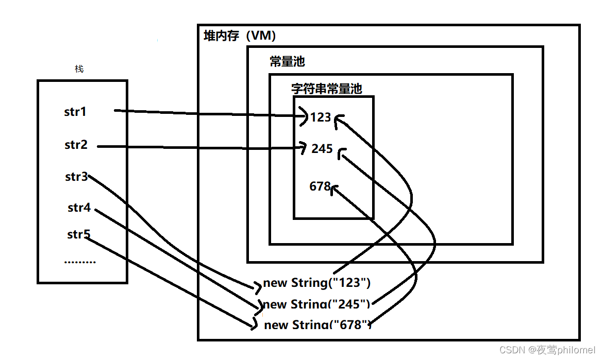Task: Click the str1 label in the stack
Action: click(x=75, y=112)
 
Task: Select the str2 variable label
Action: click(x=76, y=145)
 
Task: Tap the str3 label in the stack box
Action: click(x=76, y=177)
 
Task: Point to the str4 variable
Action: click(x=79, y=208)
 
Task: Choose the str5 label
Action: click(x=78, y=235)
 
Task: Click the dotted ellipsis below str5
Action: click(x=80, y=262)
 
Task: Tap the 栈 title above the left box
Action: click(x=79, y=69)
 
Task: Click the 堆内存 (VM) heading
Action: click(x=240, y=36)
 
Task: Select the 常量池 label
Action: click(x=287, y=62)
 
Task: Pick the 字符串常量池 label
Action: click(x=326, y=89)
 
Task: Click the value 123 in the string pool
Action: click(x=320, y=117)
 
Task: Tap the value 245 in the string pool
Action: click(x=322, y=149)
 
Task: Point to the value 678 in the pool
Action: click(x=320, y=186)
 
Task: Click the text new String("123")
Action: click(x=317, y=283)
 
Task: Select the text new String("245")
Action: click(x=316, y=304)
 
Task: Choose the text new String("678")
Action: click(x=317, y=324)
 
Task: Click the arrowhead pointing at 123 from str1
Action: click(x=304, y=116)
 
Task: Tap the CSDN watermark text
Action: click(x=547, y=350)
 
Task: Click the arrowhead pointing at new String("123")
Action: click(x=258, y=285)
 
